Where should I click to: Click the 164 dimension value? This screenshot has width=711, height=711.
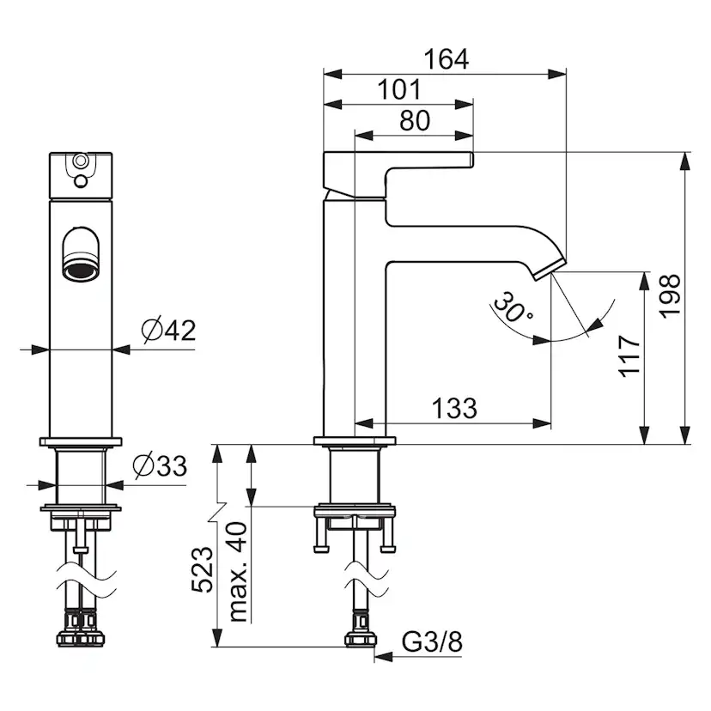(446, 59)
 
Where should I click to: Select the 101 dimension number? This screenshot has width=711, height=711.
(399, 90)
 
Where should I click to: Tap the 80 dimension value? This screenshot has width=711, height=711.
(415, 120)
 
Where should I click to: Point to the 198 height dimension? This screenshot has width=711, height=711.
(670, 296)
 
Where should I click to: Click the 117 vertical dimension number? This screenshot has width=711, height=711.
(629, 356)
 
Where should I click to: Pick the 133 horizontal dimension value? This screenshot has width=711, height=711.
(454, 408)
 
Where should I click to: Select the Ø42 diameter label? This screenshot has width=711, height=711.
(168, 330)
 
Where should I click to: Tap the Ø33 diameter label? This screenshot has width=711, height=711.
(160, 465)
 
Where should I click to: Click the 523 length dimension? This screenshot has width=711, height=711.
(203, 569)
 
